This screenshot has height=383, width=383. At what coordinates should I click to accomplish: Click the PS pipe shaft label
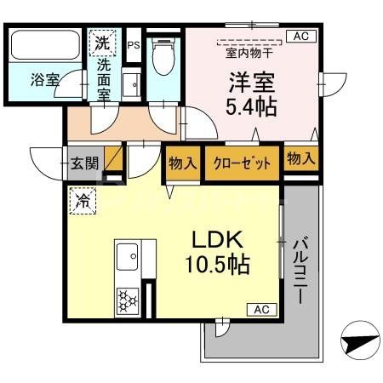[133, 45]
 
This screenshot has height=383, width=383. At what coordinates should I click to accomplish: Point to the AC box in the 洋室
[300, 36]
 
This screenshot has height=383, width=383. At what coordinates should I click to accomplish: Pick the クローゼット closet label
[243, 162]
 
